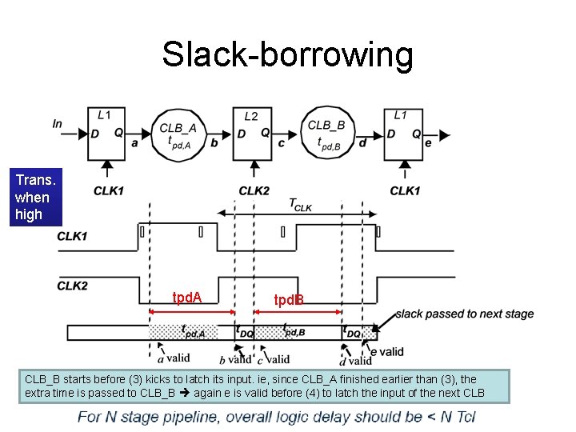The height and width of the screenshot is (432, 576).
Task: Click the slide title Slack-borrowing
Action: [287, 54]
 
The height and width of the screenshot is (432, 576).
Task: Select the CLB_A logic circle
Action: [182, 134]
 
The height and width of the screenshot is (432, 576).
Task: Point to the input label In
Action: [57, 123]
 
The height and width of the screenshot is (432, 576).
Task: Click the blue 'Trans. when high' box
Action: [32, 198]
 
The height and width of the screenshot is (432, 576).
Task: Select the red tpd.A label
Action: [187, 298]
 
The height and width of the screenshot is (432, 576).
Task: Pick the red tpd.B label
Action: [289, 300]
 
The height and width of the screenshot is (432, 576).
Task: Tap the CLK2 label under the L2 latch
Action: [254, 190]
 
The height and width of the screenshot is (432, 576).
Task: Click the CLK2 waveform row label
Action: [73, 286]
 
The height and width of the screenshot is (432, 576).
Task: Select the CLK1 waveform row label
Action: [73, 237]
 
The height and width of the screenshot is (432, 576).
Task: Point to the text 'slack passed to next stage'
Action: [464, 314]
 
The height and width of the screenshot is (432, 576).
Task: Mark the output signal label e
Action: [428, 143]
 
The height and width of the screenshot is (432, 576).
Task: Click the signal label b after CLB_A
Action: [214, 143]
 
